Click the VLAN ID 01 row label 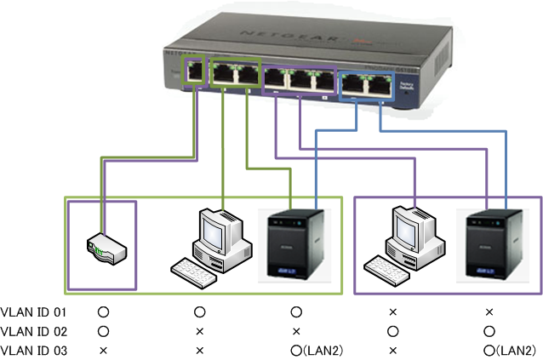point(33,312)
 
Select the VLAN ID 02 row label point(33,331)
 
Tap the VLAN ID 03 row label point(33,350)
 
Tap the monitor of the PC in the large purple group point(411,228)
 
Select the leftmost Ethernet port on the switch point(195,71)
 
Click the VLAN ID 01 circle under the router point(103,312)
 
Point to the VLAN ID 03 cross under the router point(103,350)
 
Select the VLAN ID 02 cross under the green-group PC point(200,331)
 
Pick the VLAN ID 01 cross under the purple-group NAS point(489,312)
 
